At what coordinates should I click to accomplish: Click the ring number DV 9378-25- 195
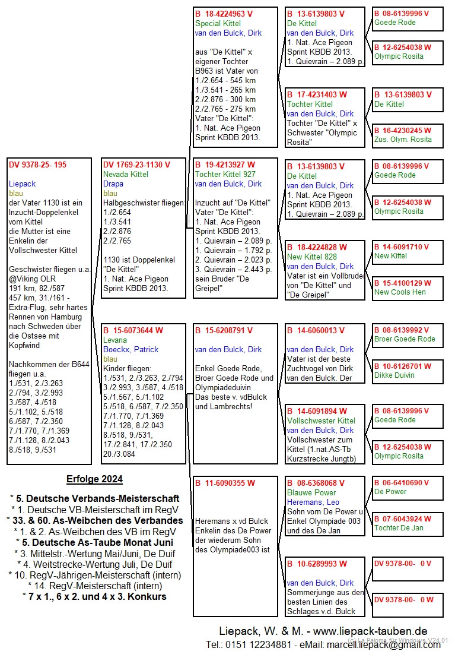click(x=37, y=165)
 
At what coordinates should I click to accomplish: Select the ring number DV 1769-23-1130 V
click(x=136, y=165)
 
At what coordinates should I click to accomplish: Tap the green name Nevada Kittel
click(x=126, y=174)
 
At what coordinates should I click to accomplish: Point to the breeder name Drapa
click(x=113, y=184)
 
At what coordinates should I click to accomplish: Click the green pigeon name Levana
click(x=115, y=340)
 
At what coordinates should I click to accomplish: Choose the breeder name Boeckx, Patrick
click(x=131, y=349)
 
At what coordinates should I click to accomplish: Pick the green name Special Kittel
click(x=218, y=23)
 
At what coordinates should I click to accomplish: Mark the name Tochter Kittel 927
click(x=225, y=174)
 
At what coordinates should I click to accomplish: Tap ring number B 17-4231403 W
click(x=317, y=94)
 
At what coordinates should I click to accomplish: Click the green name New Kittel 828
click(x=312, y=257)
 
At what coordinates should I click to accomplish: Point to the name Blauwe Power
click(x=311, y=492)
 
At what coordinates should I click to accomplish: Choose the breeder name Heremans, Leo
click(x=313, y=502)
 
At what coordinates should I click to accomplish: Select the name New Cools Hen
click(x=400, y=292)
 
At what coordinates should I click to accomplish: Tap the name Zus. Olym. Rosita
click(x=403, y=140)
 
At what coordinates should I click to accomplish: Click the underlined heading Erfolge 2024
click(x=95, y=479)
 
